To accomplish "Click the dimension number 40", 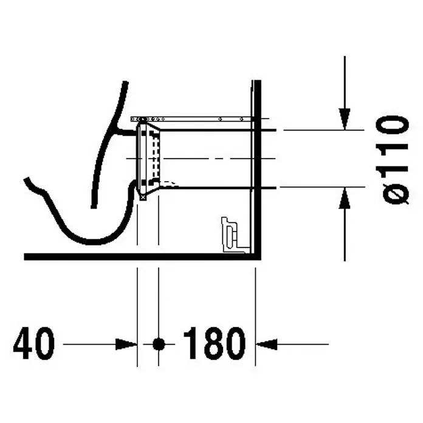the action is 34,343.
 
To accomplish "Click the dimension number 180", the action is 215,343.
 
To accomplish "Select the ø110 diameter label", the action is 394,160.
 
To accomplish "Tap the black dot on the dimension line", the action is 159,344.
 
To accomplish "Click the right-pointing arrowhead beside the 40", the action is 126,344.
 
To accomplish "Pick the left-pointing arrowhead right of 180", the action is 267,344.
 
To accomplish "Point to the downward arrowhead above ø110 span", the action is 345,119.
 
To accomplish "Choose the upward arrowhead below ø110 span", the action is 345,198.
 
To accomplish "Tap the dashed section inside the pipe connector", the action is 154,159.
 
